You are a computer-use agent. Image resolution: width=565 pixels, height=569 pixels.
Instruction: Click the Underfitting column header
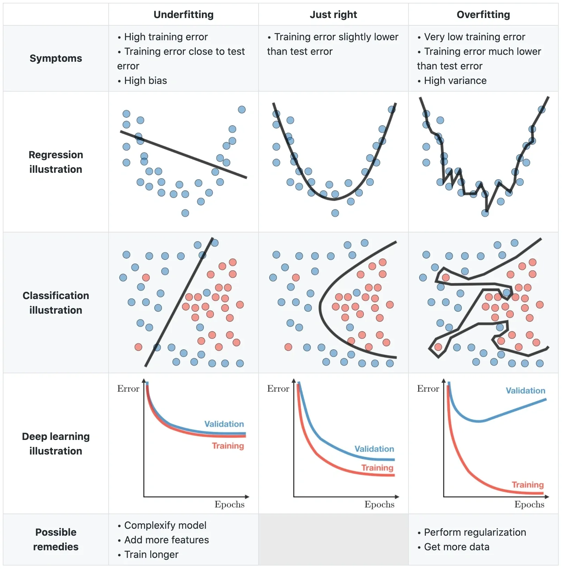(x=183, y=15)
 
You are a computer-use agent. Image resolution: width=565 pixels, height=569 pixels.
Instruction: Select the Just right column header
(x=333, y=15)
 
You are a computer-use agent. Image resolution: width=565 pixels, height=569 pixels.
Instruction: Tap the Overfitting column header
(x=483, y=15)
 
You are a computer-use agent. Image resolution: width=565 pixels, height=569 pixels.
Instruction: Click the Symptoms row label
(x=56, y=58)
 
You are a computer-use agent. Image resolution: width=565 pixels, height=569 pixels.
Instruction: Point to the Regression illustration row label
(x=56, y=162)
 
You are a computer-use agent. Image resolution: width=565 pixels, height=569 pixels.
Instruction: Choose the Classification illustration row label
(x=56, y=303)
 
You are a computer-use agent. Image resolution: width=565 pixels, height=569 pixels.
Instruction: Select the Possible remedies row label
(x=56, y=539)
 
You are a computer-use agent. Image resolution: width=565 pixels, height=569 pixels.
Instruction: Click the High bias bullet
(x=145, y=80)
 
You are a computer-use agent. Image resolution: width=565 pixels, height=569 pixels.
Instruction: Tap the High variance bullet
(x=455, y=80)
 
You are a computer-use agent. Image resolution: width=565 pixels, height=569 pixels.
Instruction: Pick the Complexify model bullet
(x=165, y=525)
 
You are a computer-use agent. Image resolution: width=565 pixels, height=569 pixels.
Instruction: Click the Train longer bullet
(x=151, y=554)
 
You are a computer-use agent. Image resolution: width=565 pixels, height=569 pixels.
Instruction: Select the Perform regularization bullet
(x=475, y=532)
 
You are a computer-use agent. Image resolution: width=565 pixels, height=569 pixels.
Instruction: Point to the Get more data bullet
(x=456, y=547)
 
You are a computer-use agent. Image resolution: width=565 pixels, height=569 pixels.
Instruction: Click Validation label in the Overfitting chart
(x=525, y=391)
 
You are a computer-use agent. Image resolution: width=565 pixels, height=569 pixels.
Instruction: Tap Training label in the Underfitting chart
(x=228, y=446)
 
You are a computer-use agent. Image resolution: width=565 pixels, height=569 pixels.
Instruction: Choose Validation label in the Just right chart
(x=374, y=449)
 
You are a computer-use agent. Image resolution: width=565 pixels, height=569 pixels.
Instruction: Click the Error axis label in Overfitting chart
(x=428, y=389)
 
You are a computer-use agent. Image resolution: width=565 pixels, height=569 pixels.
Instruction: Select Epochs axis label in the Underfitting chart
(x=229, y=504)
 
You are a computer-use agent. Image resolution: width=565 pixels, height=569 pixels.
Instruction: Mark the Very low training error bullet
(x=474, y=37)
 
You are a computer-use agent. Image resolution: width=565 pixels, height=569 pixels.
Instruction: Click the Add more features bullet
(x=166, y=540)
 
